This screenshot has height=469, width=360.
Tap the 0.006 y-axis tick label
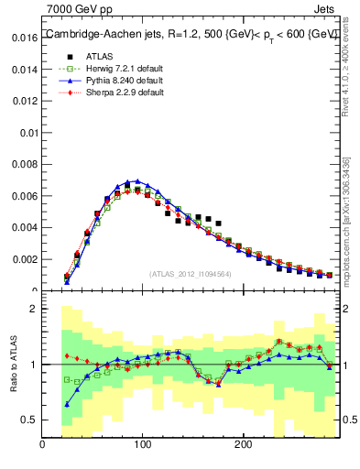click(24, 196)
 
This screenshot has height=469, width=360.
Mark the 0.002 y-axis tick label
click(24, 259)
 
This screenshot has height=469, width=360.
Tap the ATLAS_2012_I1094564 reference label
click(191, 273)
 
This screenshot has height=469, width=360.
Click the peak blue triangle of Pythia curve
click(137, 181)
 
